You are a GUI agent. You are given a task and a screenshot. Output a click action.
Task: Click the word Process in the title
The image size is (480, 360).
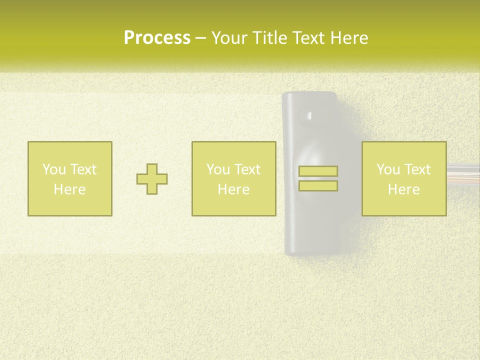point(157,38)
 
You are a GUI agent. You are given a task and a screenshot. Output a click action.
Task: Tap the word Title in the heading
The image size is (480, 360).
point(270,38)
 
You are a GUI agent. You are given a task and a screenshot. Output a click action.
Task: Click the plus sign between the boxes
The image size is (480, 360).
point(152,179)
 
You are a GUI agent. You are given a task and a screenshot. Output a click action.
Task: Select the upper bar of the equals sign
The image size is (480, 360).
point(318,171)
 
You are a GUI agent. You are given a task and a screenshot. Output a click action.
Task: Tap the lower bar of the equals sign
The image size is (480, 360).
point(318,186)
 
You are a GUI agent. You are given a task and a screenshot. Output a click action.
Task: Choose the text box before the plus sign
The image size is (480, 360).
point(69,150)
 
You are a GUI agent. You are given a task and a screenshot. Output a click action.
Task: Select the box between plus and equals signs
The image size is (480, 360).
point(233,150)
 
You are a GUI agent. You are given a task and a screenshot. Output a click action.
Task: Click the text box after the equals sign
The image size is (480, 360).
point(404,150)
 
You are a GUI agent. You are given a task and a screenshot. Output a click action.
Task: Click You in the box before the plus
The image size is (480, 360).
point(53,169)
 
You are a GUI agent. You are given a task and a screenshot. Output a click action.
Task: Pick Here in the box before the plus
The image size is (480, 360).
point(69,189)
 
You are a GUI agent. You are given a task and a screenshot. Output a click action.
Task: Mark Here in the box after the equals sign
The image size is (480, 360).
point(404,189)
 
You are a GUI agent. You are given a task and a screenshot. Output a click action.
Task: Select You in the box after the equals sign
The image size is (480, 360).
point(388,169)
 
